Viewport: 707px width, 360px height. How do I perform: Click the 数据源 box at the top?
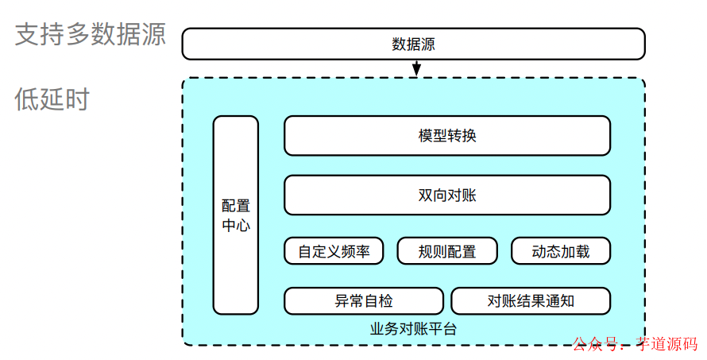(x=413, y=44)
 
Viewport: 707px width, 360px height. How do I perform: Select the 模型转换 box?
(x=447, y=136)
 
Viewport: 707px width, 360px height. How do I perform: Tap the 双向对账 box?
(x=447, y=195)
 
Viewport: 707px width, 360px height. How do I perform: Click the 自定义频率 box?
(x=334, y=252)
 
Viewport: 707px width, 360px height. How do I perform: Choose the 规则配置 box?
(x=447, y=252)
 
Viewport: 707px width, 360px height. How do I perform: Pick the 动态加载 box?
(x=561, y=252)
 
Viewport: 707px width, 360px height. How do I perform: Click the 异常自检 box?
(x=364, y=301)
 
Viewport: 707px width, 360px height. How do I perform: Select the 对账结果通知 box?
(x=531, y=301)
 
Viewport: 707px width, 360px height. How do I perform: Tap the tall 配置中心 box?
(x=236, y=215)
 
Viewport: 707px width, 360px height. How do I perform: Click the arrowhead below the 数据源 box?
(x=415, y=72)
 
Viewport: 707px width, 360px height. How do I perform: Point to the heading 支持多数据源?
(x=90, y=35)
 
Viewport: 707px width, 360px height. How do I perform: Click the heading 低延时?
(x=52, y=100)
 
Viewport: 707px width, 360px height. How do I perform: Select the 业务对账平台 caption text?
(x=413, y=328)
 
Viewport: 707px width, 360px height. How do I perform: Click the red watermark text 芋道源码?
(x=666, y=345)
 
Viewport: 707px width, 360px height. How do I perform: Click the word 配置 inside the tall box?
(x=236, y=206)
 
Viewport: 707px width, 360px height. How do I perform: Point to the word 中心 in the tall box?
(x=236, y=225)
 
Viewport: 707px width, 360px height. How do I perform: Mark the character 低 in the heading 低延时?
(x=26, y=100)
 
